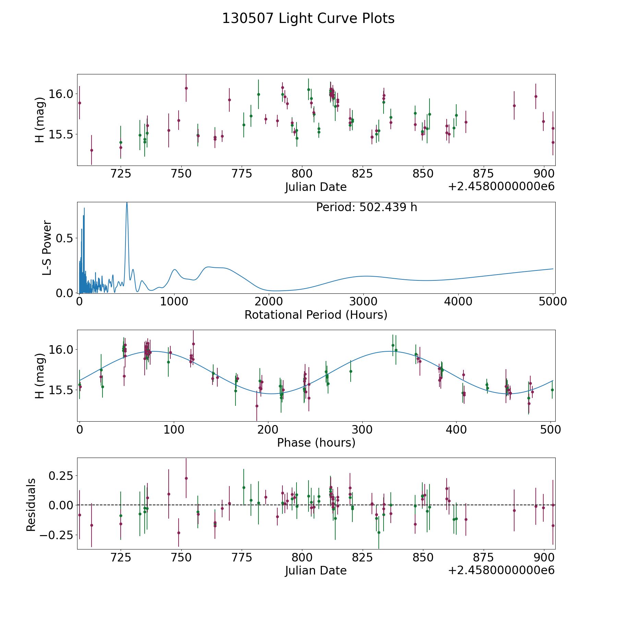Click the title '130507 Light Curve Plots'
[308, 19]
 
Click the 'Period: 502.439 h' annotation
[366, 207]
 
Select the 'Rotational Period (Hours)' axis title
[316, 315]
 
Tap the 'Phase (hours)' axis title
[316, 443]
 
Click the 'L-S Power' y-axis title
[47, 248]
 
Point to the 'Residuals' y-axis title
[31, 505]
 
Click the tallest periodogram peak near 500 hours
[127, 203]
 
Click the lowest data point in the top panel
[92, 150]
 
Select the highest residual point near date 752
[186, 478]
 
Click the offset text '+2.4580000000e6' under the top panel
[501, 186]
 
